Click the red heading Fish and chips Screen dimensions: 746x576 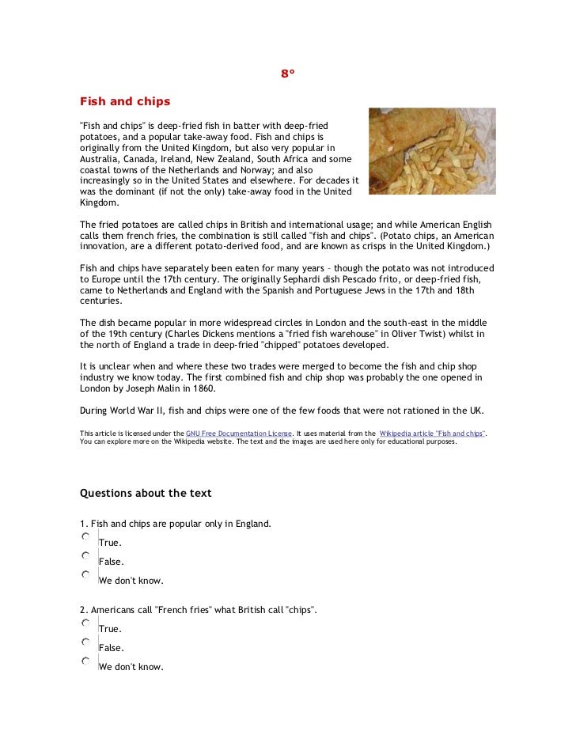[x=125, y=102]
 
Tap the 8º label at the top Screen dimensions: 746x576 [x=287, y=74]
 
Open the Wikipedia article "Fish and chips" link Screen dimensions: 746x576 [x=433, y=434]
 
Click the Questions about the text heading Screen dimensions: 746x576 [x=146, y=493]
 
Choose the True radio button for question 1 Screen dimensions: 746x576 [x=85, y=537]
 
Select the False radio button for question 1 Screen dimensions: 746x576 [x=85, y=556]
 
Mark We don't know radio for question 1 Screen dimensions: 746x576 [x=85, y=575]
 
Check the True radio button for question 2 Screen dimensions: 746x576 [x=85, y=623]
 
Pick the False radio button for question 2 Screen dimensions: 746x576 [x=85, y=642]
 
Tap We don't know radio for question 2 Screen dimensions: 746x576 [x=85, y=661]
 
